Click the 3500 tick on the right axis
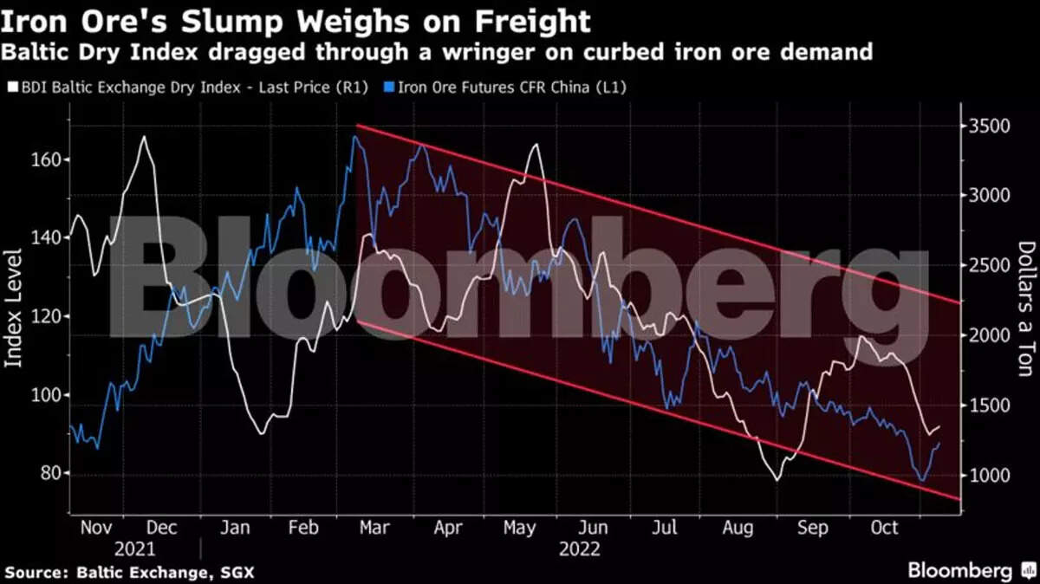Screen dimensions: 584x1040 pos(988,127)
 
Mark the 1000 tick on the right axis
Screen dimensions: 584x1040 pos(988,476)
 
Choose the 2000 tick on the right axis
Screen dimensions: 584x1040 pos(988,336)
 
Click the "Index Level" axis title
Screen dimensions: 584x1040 pos(15,307)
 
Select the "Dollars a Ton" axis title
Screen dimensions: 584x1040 pos(1024,308)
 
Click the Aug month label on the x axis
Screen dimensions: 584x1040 pos(738,528)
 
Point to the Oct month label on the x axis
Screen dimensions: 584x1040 pos(884,528)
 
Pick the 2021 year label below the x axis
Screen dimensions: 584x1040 pos(133,548)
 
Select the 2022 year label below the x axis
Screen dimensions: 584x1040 pos(579,548)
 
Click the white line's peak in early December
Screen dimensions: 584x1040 pos(143,137)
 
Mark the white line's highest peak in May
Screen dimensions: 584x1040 pos(535,145)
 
